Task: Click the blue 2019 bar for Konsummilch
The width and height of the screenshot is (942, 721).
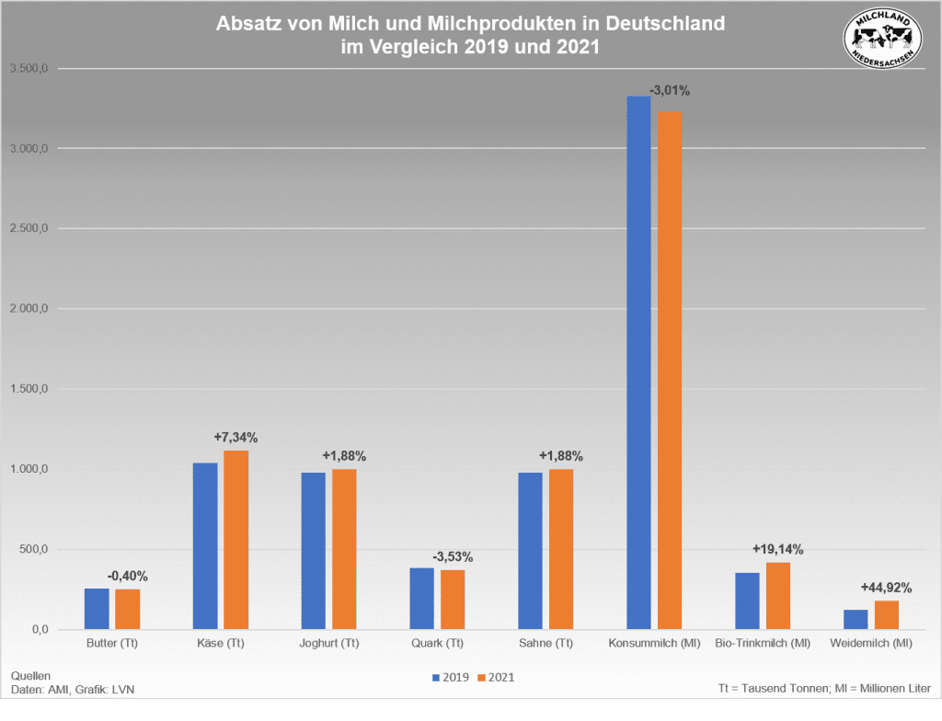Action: pos(638,362)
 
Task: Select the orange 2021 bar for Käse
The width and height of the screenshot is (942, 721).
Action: pos(236,540)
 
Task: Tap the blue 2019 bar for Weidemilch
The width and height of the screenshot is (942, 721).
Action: pos(856,620)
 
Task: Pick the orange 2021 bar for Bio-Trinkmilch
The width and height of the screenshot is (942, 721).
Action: pos(778,596)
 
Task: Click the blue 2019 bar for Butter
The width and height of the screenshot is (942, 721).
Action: pos(97,609)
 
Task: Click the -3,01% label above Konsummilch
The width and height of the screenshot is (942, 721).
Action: pos(669,91)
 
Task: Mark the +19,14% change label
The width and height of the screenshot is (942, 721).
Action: pos(777,549)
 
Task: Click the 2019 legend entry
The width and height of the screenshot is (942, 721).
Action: pos(451,678)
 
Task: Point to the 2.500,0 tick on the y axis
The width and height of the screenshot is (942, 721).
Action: pos(30,229)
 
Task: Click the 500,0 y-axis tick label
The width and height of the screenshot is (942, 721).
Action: pos(36,550)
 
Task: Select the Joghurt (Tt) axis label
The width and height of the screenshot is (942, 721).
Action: pos(329,643)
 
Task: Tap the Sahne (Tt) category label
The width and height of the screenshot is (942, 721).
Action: pos(546,643)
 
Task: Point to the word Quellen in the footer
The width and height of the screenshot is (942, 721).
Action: pos(30,675)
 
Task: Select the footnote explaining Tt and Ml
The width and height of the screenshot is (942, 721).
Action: pos(824,688)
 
